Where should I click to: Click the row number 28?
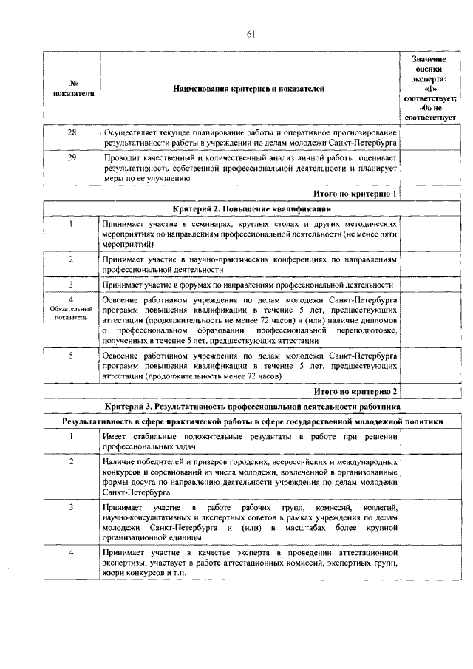point(72,132)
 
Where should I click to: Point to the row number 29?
point(72,159)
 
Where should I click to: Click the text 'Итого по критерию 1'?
point(355,194)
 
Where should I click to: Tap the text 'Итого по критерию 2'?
point(355,391)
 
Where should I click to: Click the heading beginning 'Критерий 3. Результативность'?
point(252,407)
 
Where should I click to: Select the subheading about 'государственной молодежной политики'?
point(252,421)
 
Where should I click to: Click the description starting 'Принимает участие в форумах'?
point(248,285)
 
